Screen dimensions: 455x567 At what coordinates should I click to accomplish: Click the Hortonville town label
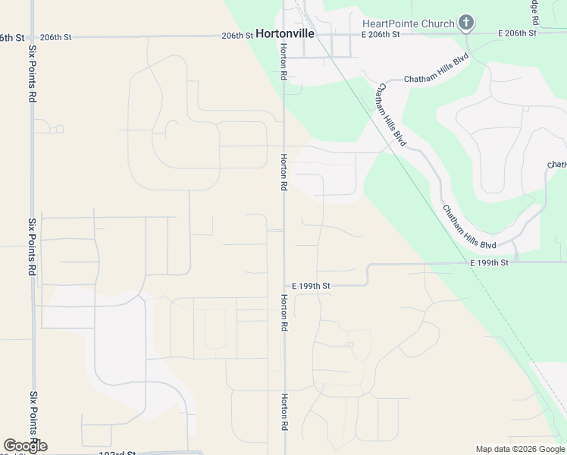click(284, 33)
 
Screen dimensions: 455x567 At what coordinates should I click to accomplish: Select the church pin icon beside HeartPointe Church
click(467, 24)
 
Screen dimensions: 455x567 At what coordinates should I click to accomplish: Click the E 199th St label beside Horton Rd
click(312, 286)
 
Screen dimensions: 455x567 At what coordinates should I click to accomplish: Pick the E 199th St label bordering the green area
click(488, 262)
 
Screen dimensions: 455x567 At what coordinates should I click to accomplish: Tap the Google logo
click(25, 446)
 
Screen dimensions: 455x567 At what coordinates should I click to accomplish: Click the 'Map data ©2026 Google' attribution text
click(521, 449)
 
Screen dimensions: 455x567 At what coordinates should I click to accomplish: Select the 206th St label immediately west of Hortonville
click(237, 36)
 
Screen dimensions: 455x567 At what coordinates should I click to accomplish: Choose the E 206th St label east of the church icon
click(518, 33)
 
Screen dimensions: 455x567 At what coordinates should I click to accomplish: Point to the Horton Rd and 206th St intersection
click(284, 36)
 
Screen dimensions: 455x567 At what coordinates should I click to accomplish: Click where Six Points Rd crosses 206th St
click(32, 36)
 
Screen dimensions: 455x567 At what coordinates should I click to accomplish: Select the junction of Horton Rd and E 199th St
click(284, 286)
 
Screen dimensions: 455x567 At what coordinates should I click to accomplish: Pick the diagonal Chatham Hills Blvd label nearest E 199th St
click(469, 227)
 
